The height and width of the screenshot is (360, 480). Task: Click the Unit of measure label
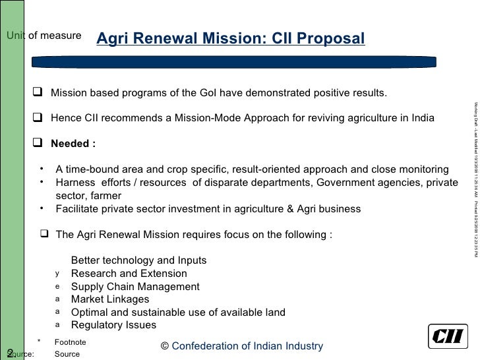coord(44,34)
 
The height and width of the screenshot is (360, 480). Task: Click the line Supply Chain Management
coord(135,287)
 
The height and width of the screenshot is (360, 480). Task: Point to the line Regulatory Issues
coord(113,324)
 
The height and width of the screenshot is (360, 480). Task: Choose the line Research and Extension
coord(129,274)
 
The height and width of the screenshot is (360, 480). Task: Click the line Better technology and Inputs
coord(138,260)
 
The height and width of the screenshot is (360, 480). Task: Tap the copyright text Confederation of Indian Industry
coord(242,346)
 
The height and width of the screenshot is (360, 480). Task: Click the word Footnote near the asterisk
coord(70,342)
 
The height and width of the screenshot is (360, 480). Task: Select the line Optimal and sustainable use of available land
coord(177,312)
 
